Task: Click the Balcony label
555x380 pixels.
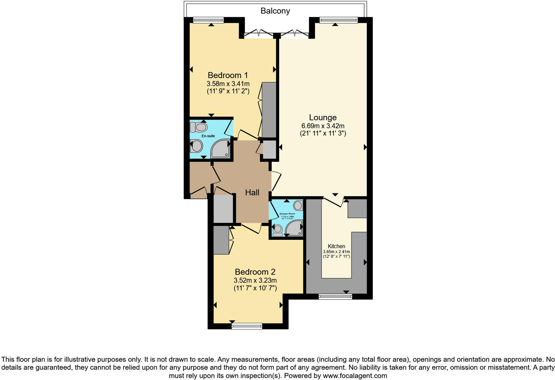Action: (x=275, y=11)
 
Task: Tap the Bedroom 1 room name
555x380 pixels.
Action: (x=228, y=75)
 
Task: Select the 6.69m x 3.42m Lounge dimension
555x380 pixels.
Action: (x=323, y=126)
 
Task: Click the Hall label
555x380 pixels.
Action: (x=252, y=192)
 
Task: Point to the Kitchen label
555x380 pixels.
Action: (x=336, y=246)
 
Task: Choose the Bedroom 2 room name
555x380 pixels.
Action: (x=255, y=272)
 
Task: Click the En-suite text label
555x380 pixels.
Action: (x=208, y=136)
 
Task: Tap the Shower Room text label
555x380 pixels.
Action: (x=287, y=214)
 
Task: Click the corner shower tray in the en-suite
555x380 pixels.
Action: (x=221, y=149)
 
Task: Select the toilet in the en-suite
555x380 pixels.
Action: (x=199, y=127)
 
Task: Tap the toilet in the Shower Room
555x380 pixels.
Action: (x=277, y=230)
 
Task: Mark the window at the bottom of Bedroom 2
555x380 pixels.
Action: (x=247, y=326)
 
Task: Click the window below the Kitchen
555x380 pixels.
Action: (x=335, y=296)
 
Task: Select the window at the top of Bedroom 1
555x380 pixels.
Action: (x=208, y=20)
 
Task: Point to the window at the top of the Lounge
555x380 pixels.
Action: (x=339, y=20)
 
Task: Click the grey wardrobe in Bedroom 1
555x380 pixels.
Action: (x=269, y=110)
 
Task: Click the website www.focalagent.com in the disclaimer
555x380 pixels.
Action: (x=355, y=376)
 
